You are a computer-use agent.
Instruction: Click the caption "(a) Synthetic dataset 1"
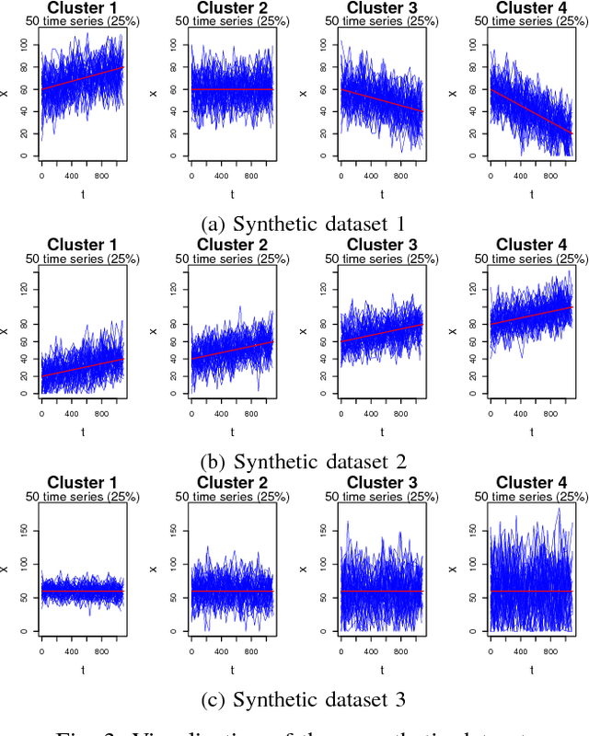coord(294,222)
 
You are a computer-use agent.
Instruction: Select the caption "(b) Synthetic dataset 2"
coord(294,461)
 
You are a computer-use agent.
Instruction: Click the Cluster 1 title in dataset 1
coord(82,8)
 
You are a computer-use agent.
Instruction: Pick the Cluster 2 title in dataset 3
coord(231,482)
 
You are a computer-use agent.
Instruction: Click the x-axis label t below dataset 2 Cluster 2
coord(231,431)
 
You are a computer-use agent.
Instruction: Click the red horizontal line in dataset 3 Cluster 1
coord(82,591)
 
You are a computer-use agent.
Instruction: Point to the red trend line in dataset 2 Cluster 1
coord(82,367)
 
